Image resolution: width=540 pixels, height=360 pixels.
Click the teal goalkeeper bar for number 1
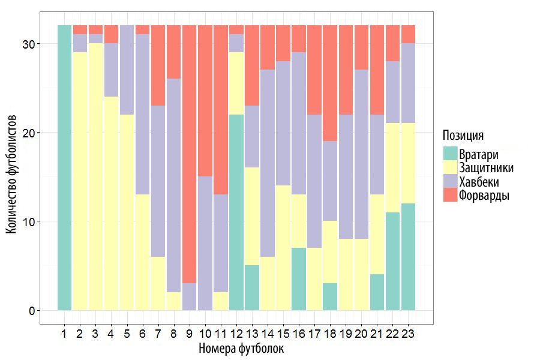click(x=64, y=168)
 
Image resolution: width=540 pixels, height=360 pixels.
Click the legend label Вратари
click(x=478, y=154)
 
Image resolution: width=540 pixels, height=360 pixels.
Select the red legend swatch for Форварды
click(x=450, y=196)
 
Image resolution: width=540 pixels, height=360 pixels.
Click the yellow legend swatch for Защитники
click(x=450, y=167)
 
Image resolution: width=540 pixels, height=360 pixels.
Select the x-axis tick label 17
click(x=314, y=333)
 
